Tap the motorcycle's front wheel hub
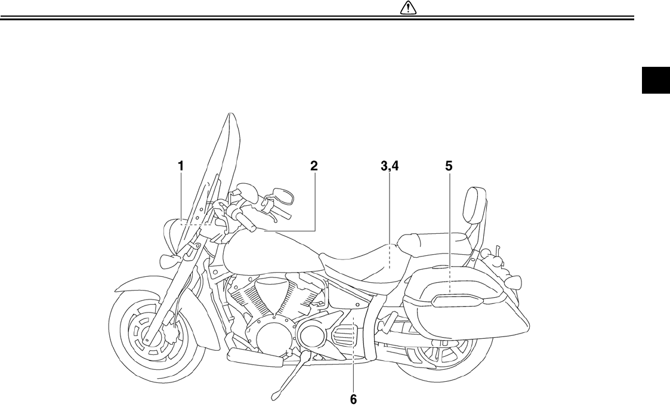[x=146, y=338]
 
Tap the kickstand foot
[x=276, y=394]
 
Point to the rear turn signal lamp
[x=514, y=280]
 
